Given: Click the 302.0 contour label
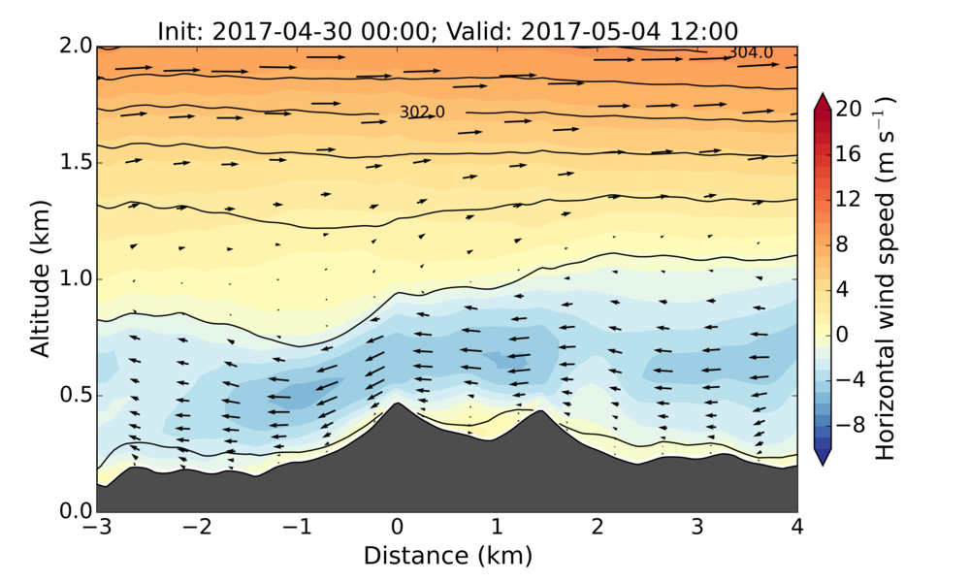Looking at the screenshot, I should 422,113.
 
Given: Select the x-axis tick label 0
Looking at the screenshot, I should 396,529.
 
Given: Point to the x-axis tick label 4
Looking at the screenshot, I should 797,529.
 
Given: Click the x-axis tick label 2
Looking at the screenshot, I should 597,529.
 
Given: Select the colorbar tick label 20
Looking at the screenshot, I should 850,110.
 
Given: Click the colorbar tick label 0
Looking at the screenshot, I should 842,334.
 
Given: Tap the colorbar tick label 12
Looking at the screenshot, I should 850,200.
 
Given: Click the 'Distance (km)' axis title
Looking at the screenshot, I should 447,556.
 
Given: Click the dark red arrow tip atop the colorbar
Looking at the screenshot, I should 823,99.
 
